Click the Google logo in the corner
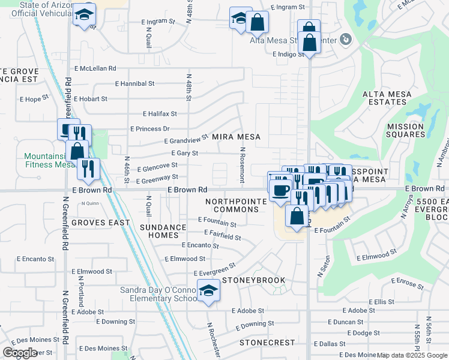(x=20, y=353)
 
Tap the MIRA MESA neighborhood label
(x=236, y=137)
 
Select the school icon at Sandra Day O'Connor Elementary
(x=208, y=291)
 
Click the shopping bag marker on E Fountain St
(x=297, y=216)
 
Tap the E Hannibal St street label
(x=134, y=84)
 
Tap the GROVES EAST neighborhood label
(x=100, y=222)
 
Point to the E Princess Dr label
(x=150, y=129)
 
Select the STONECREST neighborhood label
(x=267, y=343)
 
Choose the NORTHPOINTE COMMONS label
(x=236, y=205)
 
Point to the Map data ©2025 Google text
(x=412, y=355)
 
